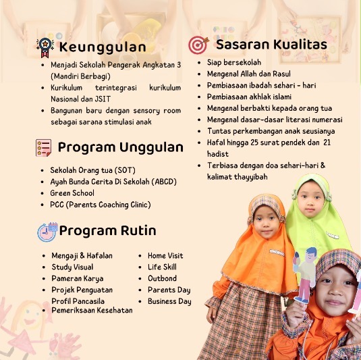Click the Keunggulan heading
tap(103, 47)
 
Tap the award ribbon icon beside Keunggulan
tap(45, 47)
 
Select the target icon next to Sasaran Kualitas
tap(198, 45)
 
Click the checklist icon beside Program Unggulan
tap(43, 148)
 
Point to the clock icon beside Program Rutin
tap(47, 232)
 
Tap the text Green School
tap(72, 193)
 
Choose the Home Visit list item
tap(165, 255)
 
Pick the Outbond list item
tap(162, 278)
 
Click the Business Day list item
tap(169, 301)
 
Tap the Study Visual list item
tap(72, 267)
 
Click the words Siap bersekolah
tap(234, 62)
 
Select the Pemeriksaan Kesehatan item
tap(92, 310)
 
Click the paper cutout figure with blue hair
tap(304, 275)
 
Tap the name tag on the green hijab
tap(332, 236)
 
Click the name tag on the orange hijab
tap(277, 253)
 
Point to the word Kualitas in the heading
tap(300, 45)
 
